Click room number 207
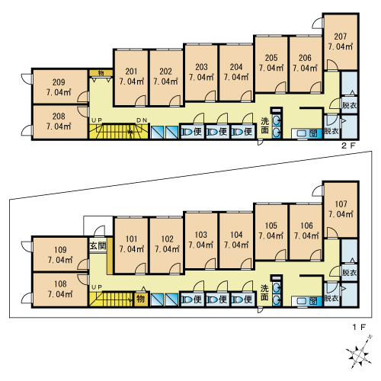[x=341, y=37]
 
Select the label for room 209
[x=59, y=82]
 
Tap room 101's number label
[x=132, y=239]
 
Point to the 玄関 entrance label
[x=98, y=245]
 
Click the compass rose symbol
[x=358, y=354]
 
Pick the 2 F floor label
[x=349, y=146]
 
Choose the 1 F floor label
[x=359, y=327]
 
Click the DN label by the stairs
[x=142, y=120]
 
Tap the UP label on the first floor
[x=97, y=287]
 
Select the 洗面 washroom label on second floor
[x=265, y=126]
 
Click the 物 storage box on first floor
[x=141, y=299]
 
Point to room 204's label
[x=236, y=67]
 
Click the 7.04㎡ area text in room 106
[x=306, y=236]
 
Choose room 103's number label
[x=201, y=235]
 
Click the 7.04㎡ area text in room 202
[x=165, y=82]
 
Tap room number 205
[x=271, y=58]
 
